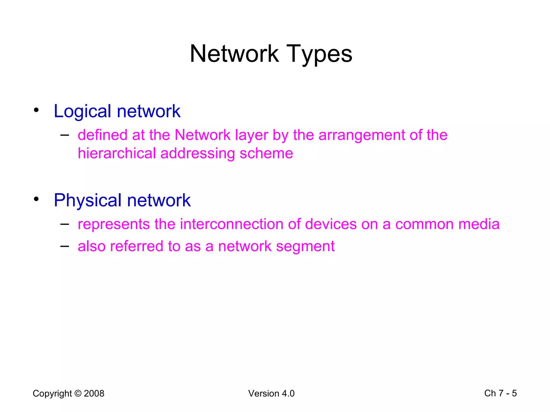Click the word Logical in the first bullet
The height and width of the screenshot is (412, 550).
tap(82, 111)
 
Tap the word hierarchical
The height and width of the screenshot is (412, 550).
tap(117, 153)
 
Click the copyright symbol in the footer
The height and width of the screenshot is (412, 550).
tap(78, 393)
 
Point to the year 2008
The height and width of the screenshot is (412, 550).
tap(94, 393)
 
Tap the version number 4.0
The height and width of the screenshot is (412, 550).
tap(288, 393)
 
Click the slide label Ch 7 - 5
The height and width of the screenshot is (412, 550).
tap(500, 393)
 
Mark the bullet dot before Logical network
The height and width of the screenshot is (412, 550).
tap(36, 110)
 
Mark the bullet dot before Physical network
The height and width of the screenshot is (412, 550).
tap(36, 199)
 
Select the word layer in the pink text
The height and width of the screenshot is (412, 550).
tap(252, 135)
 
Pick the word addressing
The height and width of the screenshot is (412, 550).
tap(197, 153)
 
